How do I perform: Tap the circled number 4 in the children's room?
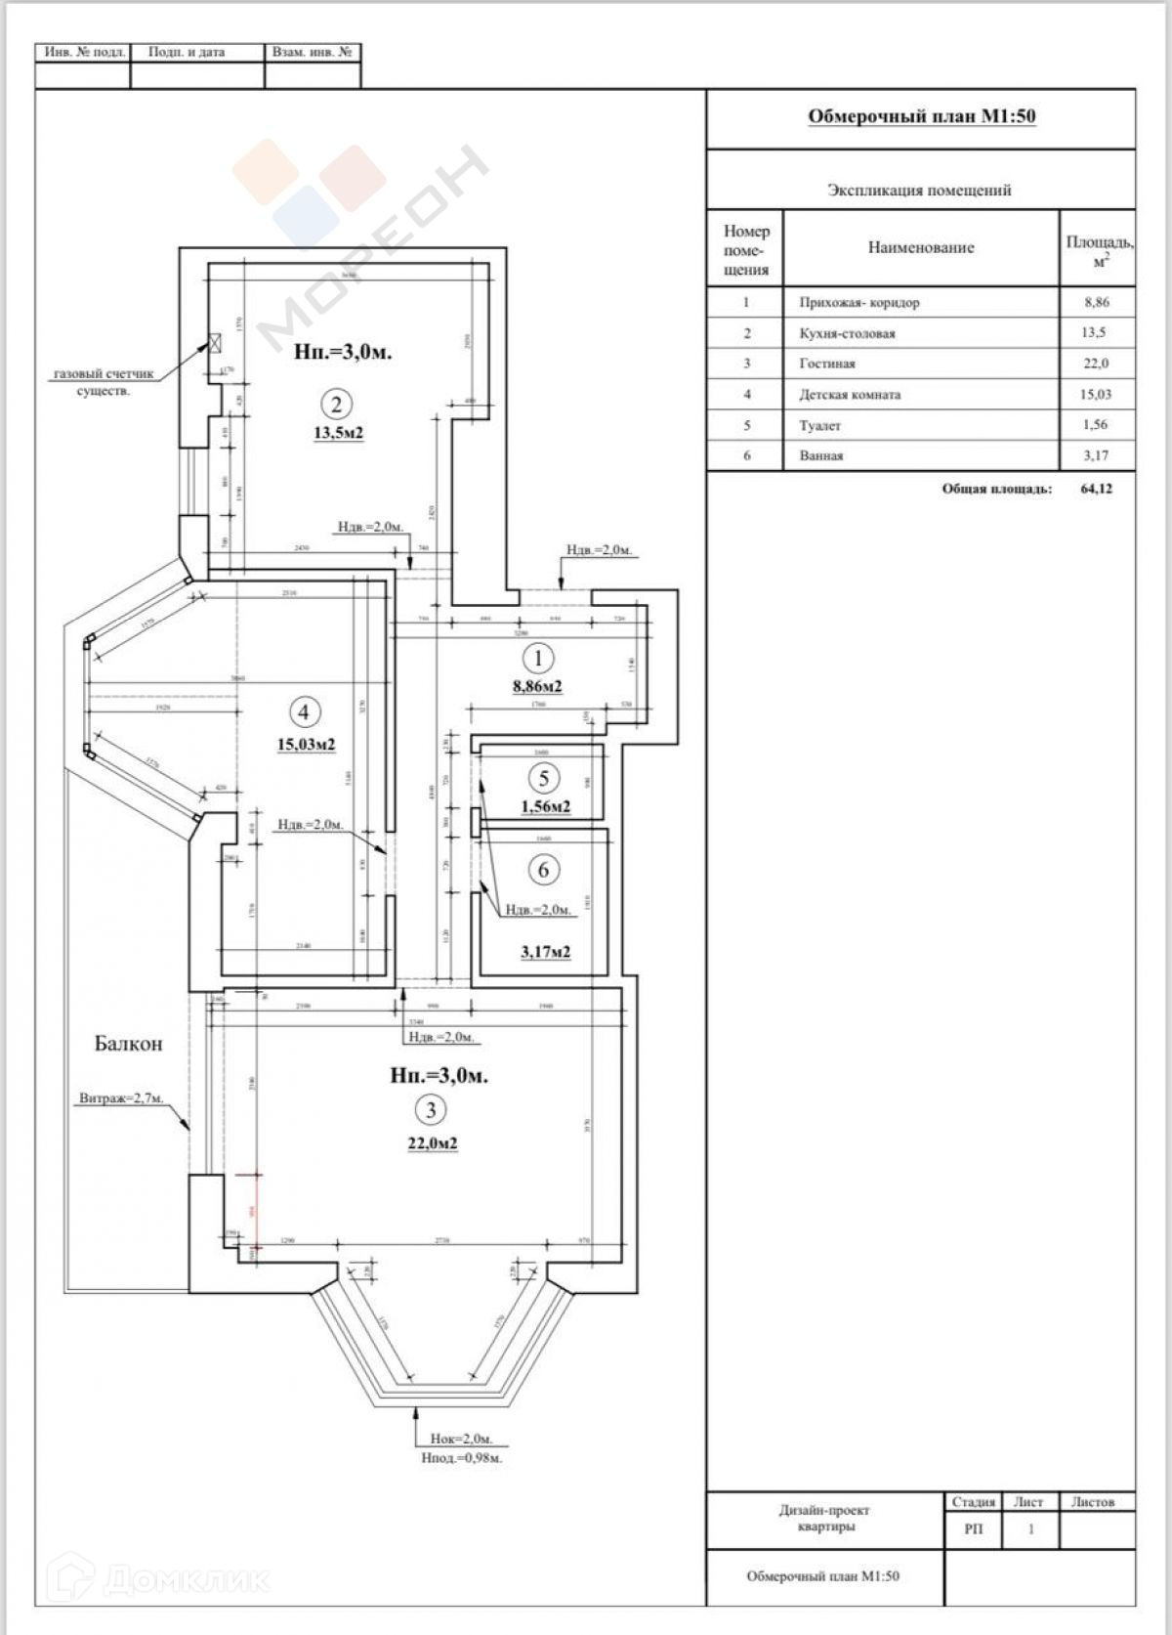coord(305,712)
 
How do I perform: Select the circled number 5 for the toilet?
coord(544,778)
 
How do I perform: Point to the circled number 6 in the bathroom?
coord(544,869)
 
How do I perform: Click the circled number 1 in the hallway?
coord(537,658)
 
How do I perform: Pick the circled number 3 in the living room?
coord(430,1109)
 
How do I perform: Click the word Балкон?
coord(128,1044)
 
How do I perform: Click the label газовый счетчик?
coord(103,374)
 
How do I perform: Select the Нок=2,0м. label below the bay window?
coord(462,1439)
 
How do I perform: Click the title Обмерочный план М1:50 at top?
coord(921,117)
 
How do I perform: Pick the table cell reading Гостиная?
coord(826,364)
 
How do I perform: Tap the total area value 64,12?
coord(1096,489)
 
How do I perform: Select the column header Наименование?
coord(921,248)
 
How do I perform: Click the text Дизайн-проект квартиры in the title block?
coord(824,1518)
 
